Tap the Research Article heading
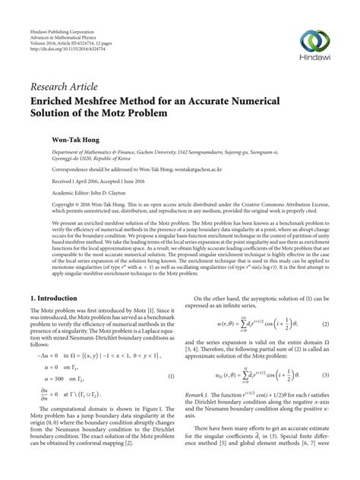point(64,85)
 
